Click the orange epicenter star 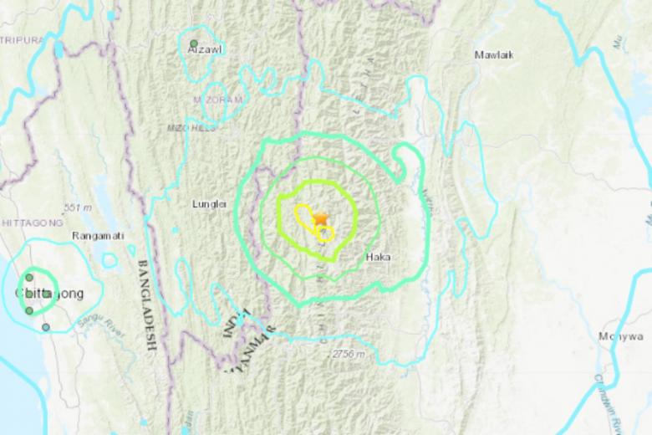click(x=320, y=219)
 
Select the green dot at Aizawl click(x=193, y=43)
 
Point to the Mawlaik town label click(x=494, y=54)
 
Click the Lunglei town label click(x=209, y=202)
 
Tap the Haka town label click(x=379, y=258)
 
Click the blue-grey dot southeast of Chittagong click(x=46, y=327)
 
